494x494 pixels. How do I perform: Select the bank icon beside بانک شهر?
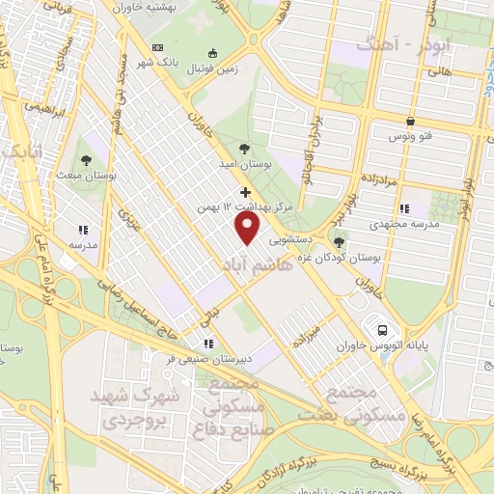[214, 52]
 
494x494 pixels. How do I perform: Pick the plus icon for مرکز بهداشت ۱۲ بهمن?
[245, 192]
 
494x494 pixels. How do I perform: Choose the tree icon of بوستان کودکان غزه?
[338, 240]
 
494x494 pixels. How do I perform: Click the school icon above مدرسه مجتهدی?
[404, 208]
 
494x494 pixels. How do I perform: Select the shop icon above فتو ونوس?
[412, 122]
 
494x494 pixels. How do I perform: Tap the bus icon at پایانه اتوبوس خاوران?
[383, 329]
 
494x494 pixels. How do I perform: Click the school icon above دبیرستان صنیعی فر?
[206, 343]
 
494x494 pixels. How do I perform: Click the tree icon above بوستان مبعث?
[86, 160]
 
